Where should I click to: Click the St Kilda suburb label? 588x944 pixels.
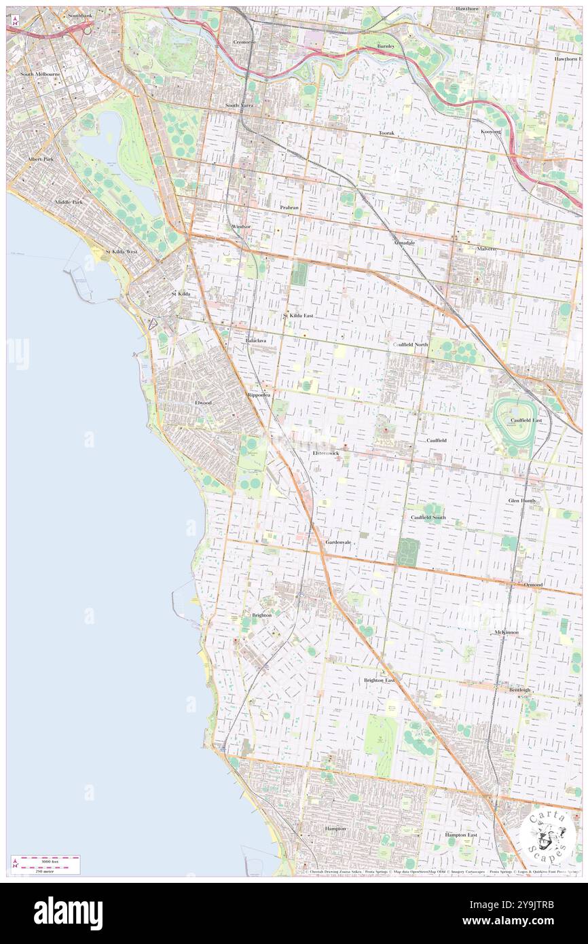coord(180,293)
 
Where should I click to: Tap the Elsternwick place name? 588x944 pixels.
coord(326,452)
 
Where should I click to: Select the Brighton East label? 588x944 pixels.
coord(379,680)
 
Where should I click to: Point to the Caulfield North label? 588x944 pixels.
coord(410,344)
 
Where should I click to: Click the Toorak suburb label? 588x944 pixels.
coord(386,133)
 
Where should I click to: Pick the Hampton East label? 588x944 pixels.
coord(461,835)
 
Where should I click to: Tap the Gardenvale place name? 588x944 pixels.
coord(338,543)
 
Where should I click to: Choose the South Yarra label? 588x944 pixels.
coord(240,106)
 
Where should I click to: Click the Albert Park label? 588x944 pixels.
coord(40,159)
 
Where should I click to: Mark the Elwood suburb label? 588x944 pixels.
coord(203,403)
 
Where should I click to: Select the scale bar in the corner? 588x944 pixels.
coord(45,864)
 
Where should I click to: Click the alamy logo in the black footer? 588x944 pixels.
coord(68,913)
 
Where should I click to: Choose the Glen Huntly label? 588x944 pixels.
coord(522,501)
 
